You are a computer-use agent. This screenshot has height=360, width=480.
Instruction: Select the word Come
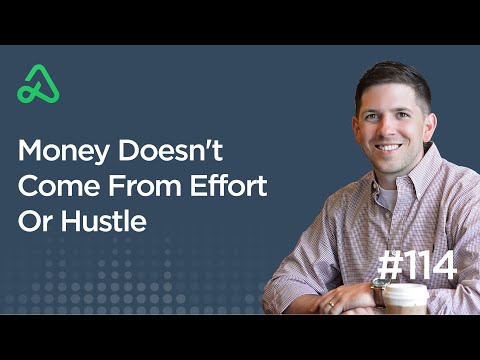(53, 187)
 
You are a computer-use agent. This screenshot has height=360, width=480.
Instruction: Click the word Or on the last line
(32, 221)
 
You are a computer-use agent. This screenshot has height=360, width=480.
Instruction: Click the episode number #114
(417, 266)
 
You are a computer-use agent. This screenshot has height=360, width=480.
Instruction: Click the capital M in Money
(31, 153)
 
